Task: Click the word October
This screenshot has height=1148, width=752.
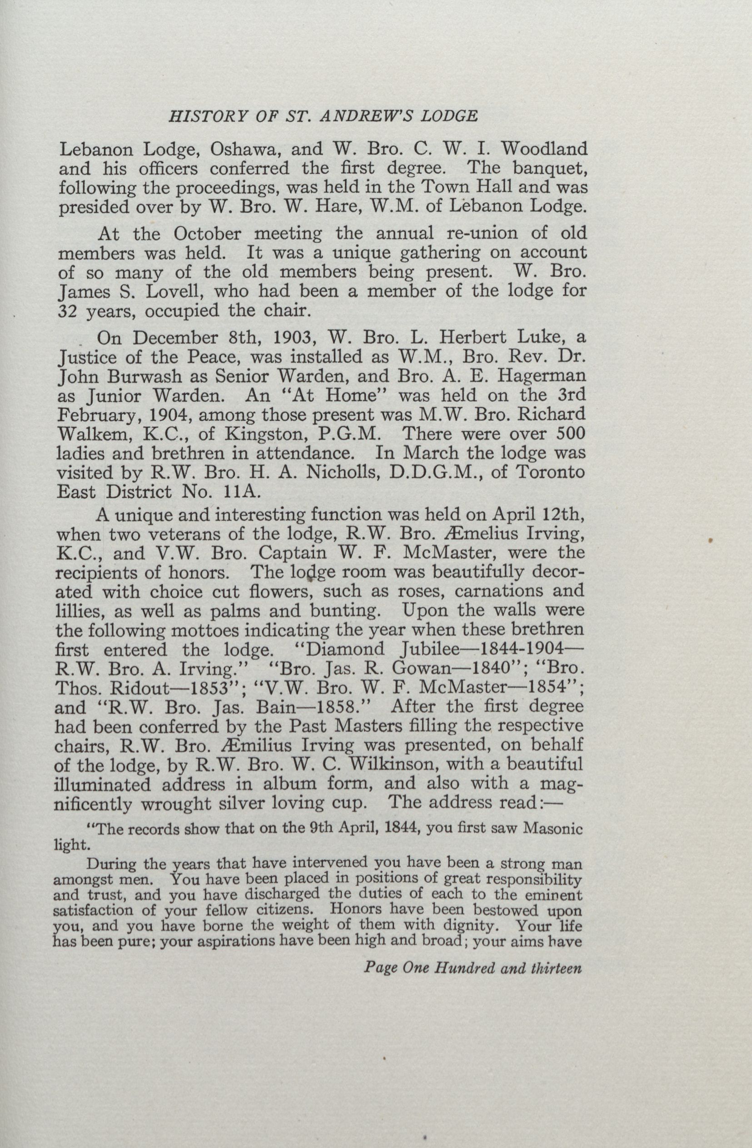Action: (207, 234)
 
